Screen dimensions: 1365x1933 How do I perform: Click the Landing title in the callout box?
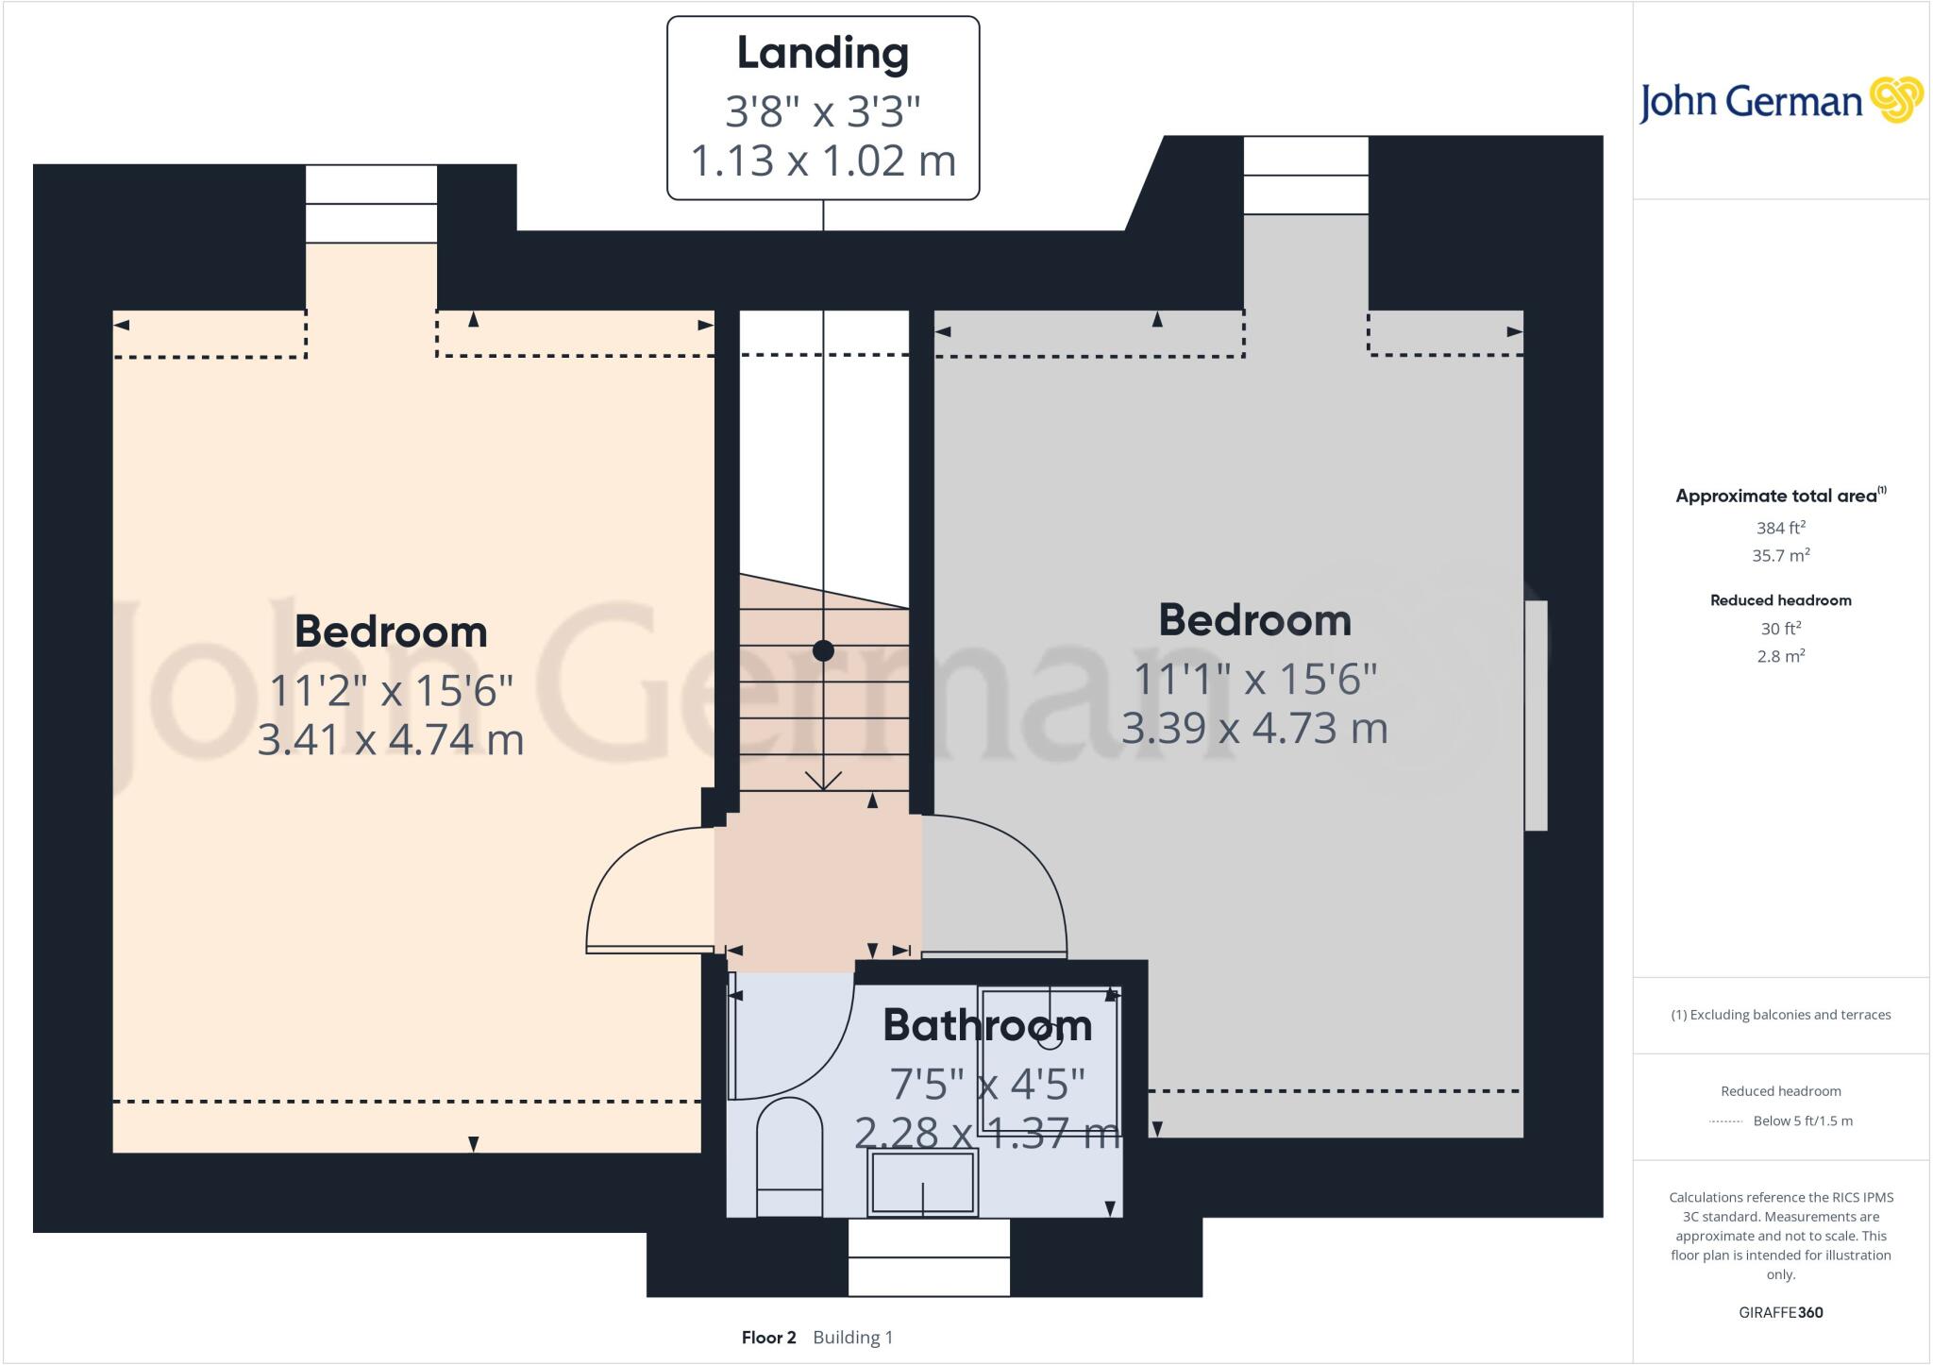click(822, 53)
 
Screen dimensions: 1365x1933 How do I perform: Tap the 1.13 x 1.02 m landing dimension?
click(823, 160)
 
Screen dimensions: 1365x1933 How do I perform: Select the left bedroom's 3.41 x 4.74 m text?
click(390, 739)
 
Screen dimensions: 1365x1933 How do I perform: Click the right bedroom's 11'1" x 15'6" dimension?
click(1254, 679)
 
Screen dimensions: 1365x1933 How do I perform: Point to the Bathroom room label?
click(986, 1025)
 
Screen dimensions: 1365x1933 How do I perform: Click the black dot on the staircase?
click(823, 650)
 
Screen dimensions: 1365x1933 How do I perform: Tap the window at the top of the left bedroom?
click(371, 204)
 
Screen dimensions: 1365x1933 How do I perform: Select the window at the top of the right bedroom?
click(1305, 176)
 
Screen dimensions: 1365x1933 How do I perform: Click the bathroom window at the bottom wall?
click(929, 1257)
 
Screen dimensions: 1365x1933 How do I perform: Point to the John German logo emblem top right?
click(1895, 99)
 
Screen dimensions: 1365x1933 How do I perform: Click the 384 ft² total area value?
click(1780, 528)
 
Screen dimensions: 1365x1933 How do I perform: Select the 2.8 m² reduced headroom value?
click(1780, 656)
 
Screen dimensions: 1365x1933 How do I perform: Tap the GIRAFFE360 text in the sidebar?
click(1780, 1312)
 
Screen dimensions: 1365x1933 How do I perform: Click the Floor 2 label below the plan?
click(768, 1338)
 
